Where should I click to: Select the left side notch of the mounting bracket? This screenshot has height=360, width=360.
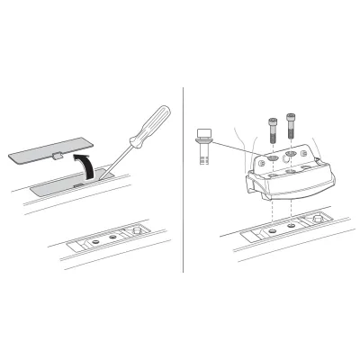click(249, 184)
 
